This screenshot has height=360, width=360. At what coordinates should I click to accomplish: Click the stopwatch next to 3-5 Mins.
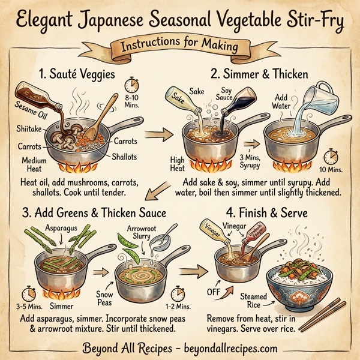coord(28,293)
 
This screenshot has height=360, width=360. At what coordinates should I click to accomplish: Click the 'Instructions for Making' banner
coord(180,46)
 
